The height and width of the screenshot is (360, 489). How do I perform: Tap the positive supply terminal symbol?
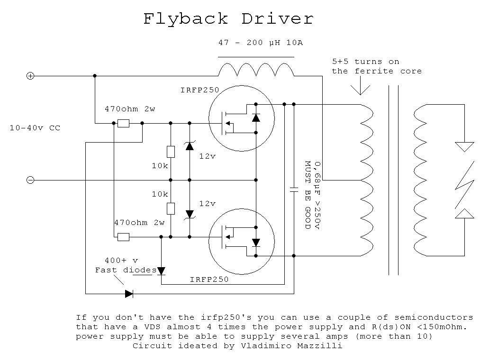(x=30, y=76)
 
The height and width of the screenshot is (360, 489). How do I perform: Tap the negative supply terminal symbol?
(x=30, y=180)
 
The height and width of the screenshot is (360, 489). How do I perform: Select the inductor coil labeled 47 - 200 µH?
(x=256, y=70)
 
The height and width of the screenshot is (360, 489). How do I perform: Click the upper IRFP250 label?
(x=200, y=90)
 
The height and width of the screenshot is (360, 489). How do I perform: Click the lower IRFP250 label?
(x=209, y=279)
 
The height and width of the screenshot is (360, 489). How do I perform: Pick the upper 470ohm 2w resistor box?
(x=124, y=124)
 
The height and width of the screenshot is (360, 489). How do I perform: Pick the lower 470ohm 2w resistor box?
(x=124, y=237)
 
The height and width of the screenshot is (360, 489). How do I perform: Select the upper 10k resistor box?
(x=171, y=152)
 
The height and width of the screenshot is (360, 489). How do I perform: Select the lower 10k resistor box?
(x=171, y=208)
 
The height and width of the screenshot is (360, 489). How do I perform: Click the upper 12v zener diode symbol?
(x=190, y=145)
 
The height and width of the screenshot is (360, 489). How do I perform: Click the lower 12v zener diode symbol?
(x=190, y=215)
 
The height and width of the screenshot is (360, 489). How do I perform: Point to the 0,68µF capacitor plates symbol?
(x=294, y=189)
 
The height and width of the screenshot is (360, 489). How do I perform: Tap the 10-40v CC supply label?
(x=35, y=128)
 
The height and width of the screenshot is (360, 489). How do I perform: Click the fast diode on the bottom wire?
(x=129, y=294)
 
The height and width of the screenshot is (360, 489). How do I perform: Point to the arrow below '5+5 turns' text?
(x=361, y=85)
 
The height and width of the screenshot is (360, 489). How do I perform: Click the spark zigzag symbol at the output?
(x=465, y=185)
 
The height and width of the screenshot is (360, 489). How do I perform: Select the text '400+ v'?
(x=121, y=260)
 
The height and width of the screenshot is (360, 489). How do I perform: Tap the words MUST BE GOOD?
(x=308, y=195)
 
